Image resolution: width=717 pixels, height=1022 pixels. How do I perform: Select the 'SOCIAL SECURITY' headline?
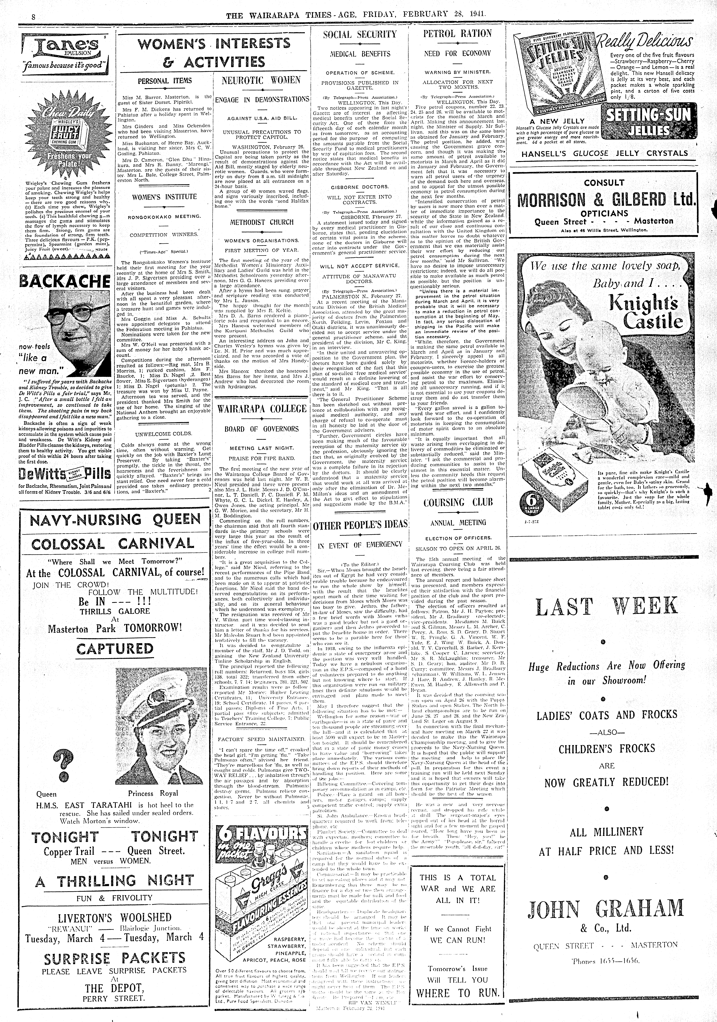point(360,34)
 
